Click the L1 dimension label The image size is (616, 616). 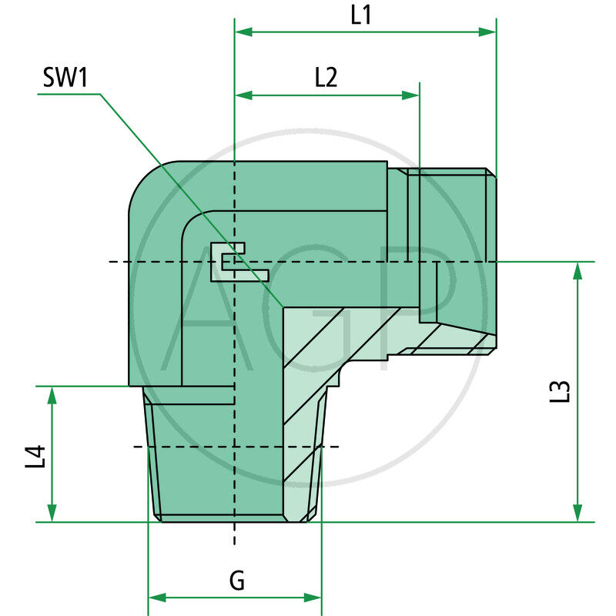pyautogui.click(x=361, y=15)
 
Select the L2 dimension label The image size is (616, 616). pyautogui.click(x=326, y=77)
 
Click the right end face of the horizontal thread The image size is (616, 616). pyautogui.click(x=494, y=262)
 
